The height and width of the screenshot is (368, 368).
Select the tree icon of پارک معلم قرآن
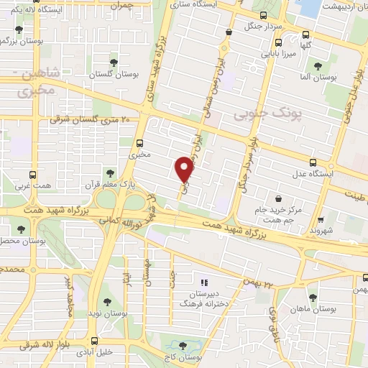click(110, 172)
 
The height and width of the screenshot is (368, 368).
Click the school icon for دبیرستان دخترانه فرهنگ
click(204, 282)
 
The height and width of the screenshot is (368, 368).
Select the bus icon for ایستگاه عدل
click(312, 163)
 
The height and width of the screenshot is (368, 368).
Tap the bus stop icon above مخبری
click(139, 142)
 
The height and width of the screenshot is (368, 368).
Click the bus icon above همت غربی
click(32, 174)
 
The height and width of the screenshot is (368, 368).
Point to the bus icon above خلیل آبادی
click(94, 342)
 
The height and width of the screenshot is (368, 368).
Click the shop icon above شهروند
click(320, 221)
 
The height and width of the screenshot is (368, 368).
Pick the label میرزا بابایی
click(276, 53)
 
